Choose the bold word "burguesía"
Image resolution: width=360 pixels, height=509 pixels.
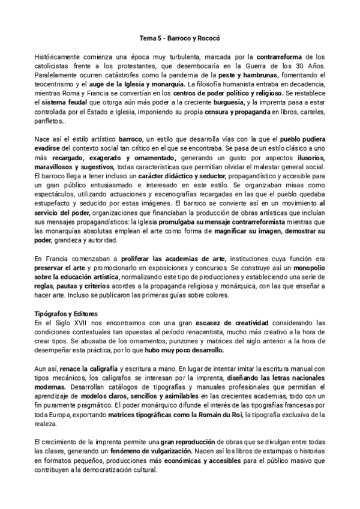pyautogui.click(x=221, y=103)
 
